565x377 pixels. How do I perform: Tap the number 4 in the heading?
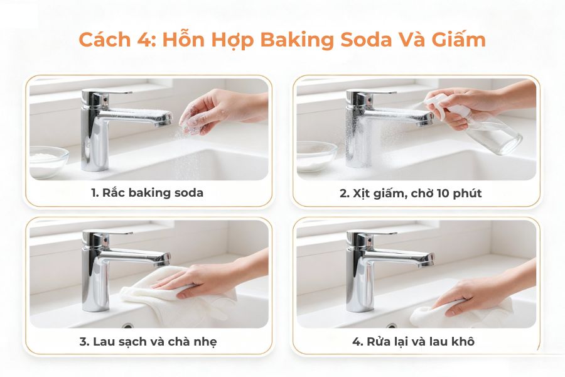(x=150, y=40)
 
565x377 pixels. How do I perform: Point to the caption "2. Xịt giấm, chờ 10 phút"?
(x=411, y=193)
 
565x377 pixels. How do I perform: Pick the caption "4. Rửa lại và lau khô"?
(x=414, y=341)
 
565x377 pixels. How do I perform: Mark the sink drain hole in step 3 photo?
(x=128, y=325)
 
